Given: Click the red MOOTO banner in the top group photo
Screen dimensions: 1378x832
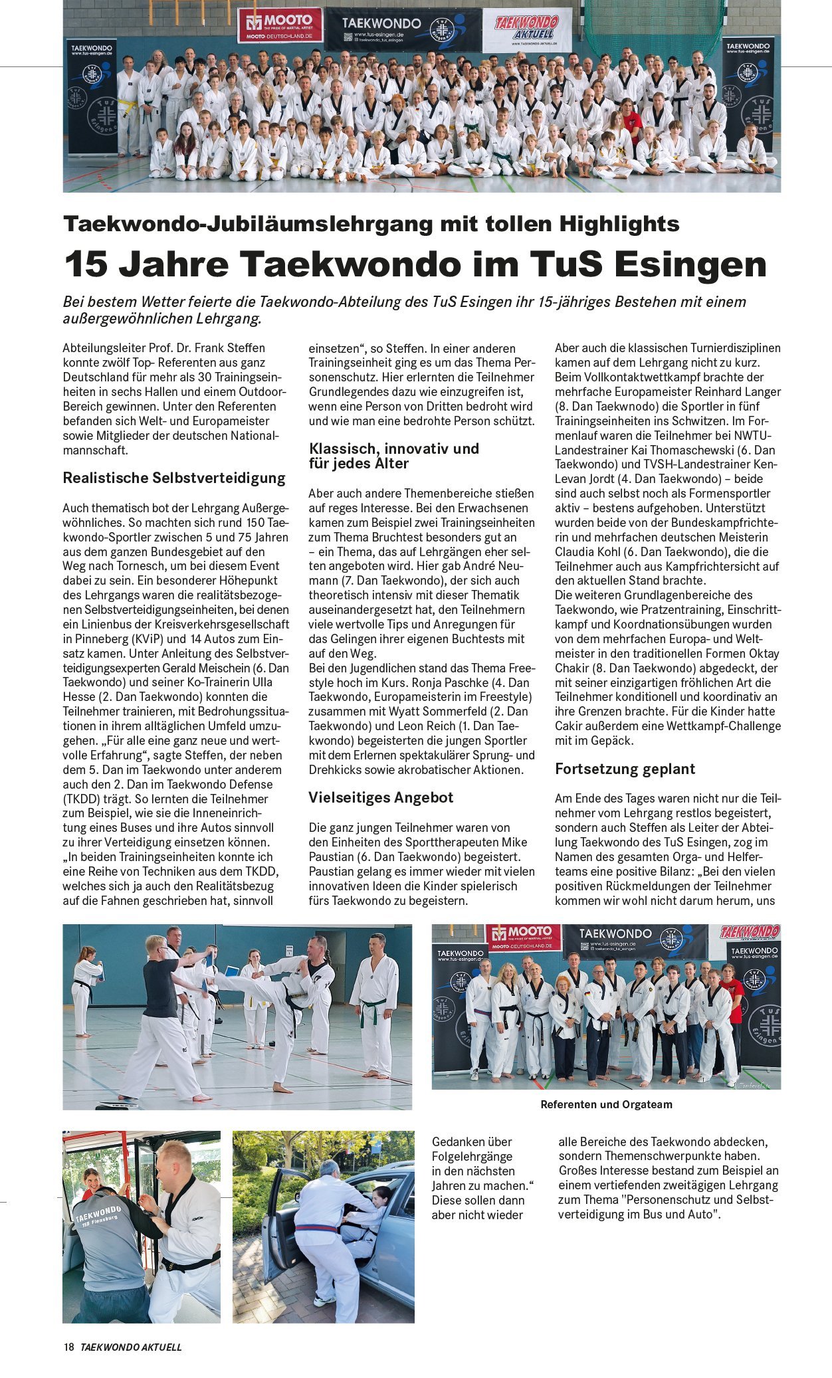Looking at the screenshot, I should click(280, 25).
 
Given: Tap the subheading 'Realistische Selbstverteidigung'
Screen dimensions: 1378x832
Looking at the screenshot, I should click(174, 478).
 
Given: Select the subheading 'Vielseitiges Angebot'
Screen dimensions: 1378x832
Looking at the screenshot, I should click(381, 798).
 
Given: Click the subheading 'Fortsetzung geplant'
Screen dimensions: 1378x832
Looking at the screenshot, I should click(625, 769).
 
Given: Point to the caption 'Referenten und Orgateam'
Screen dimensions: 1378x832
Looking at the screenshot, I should click(606, 1105).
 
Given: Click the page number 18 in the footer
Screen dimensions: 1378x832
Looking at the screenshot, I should click(68, 1347).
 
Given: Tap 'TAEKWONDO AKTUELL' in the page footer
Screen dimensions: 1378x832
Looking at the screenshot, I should click(131, 1347).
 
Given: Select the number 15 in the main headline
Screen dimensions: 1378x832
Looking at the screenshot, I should click(86, 264).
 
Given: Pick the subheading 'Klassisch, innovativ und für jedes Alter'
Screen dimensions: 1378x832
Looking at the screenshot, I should click(393, 456).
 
